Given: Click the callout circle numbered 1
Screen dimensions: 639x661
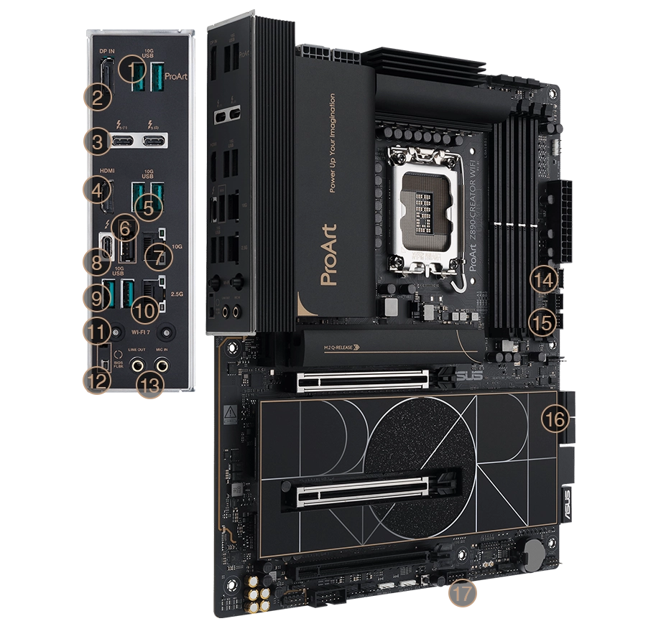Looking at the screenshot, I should [x=131, y=70].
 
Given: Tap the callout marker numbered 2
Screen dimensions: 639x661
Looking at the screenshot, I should [x=96, y=97].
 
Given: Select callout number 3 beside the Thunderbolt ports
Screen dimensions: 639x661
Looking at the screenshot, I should [x=97, y=141].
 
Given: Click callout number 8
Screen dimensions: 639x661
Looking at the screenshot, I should [x=96, y=263].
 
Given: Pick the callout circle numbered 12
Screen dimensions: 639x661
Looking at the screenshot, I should [x=96, y=382].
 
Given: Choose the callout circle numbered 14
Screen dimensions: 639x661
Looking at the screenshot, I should [x=544, y=279].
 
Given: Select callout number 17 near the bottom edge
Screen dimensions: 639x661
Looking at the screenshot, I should [x=463, y=594].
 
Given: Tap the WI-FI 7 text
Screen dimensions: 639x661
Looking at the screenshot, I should [x=144, y=332].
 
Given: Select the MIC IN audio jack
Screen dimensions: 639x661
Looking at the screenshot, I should [x=162, y=365].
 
